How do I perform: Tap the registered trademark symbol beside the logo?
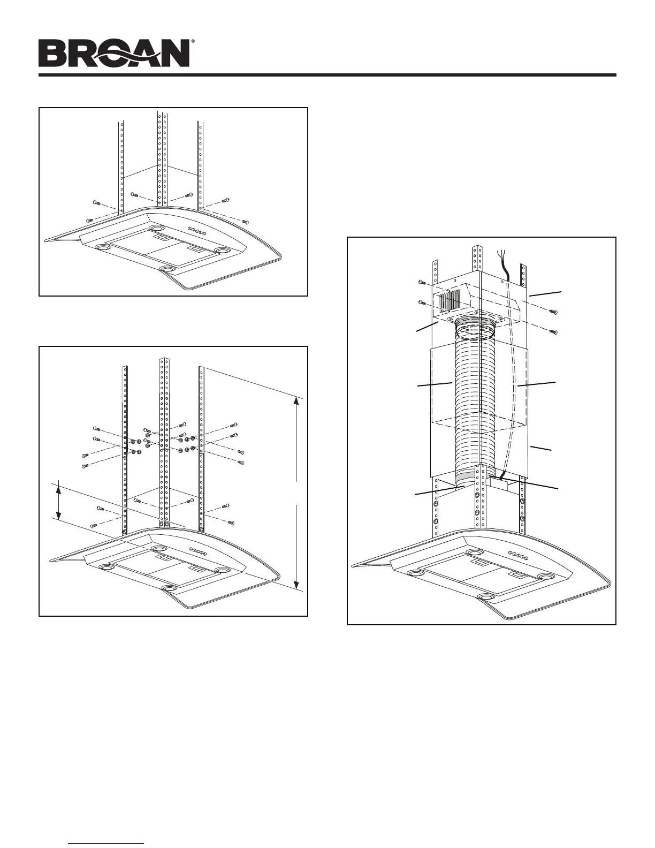(193, 41)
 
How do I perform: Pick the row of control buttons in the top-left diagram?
(197, 232)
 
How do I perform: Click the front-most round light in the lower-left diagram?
(169, 588)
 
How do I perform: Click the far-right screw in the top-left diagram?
(245, 221)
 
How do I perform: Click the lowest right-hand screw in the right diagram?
(554, 332)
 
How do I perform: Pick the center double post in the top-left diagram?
(161, 161)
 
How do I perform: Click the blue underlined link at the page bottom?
(107, 844)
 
